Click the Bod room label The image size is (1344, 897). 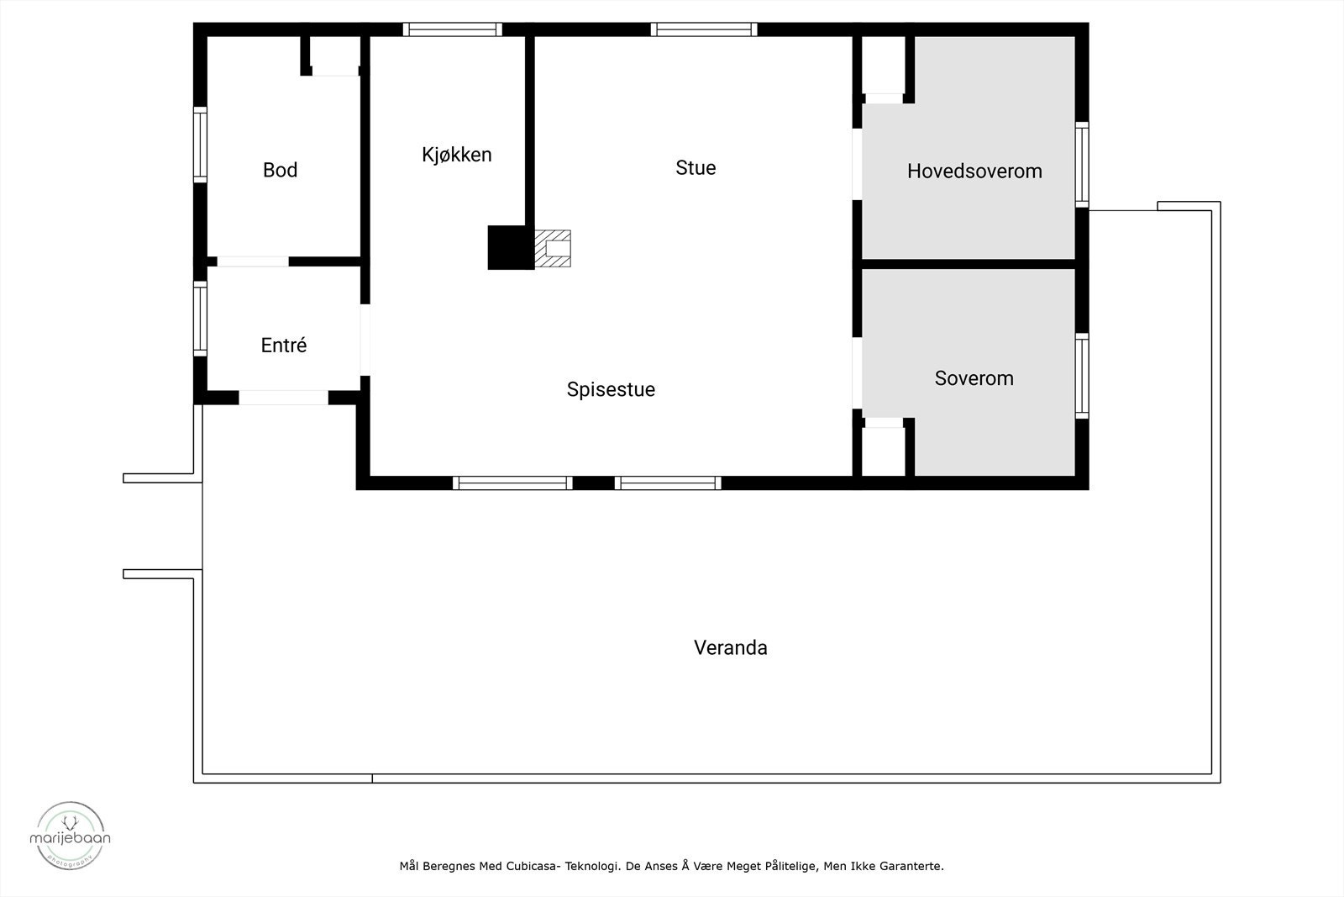[280, 170]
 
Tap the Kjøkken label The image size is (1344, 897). [456, 155]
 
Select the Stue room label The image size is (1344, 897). [696, 167]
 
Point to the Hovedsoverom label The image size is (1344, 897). [974, 171]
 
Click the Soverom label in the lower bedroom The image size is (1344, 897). [974, 378]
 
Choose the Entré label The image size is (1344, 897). [284, 346]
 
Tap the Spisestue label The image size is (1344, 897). [611, 389]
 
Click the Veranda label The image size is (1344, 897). [730, 647]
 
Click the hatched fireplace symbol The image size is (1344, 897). [553, 248]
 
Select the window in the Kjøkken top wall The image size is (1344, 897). [452, 29]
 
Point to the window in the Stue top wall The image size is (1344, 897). [704, 29]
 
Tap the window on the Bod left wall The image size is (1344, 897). [200, 145]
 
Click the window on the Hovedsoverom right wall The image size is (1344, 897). [1082, 165]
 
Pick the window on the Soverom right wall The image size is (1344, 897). [1082, 376]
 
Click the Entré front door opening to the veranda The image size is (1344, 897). [283, 398]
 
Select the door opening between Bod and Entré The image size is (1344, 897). [252, 261]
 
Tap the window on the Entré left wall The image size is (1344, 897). [200, 319]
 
